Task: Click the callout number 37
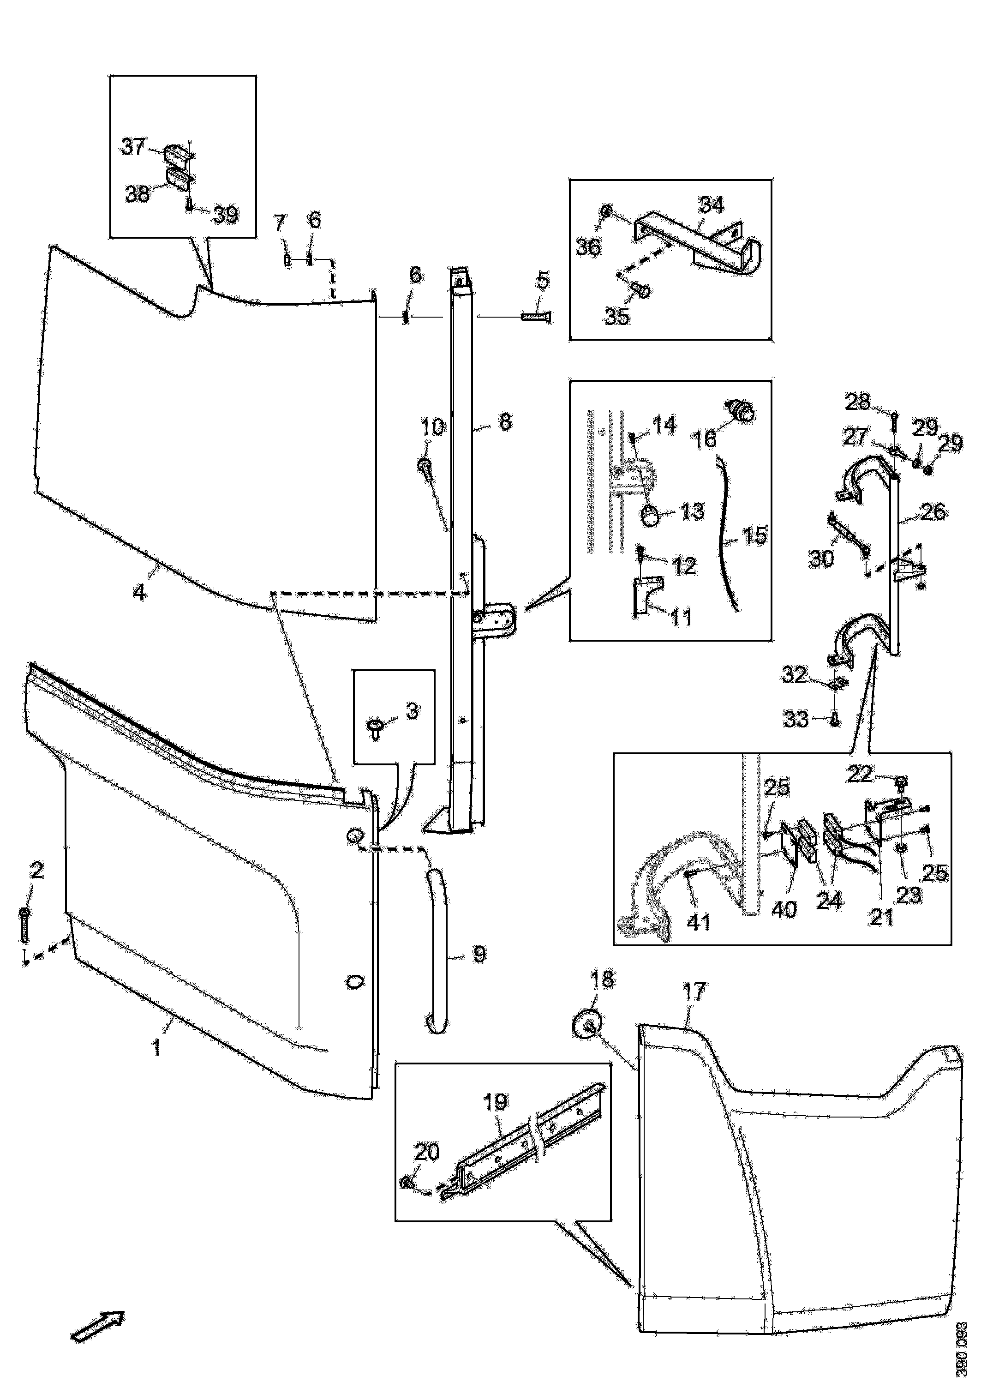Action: click(x=133, y=146)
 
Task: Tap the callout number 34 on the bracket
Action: click(x=711, y=205)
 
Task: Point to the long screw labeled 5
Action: click(x=537, y=316)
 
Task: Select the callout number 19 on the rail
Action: click(x=495, y=1102)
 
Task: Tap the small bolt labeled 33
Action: click(x=835, y=721)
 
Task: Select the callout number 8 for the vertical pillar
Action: click(x=505, y=421)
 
